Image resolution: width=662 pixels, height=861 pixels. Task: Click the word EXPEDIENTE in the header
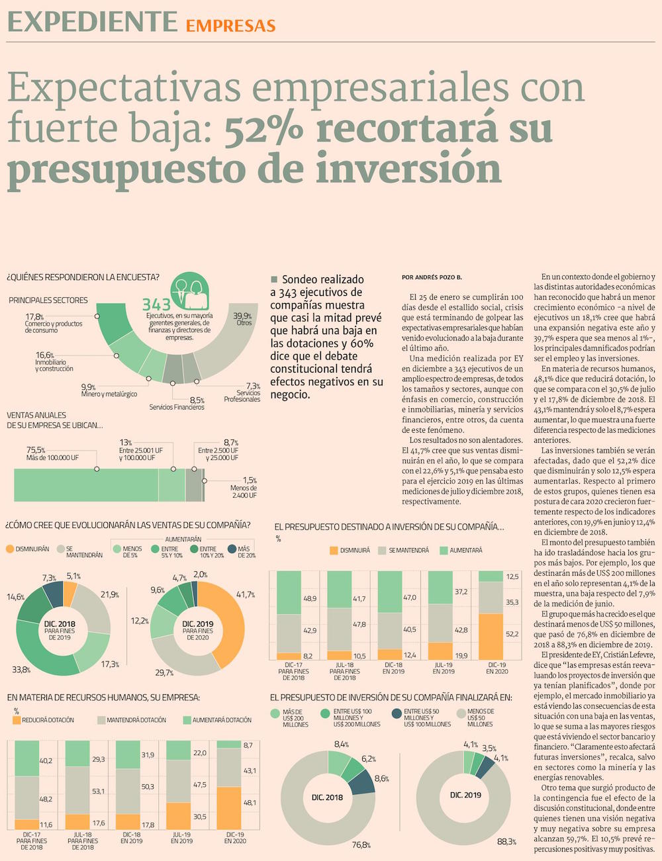tap(92, 23)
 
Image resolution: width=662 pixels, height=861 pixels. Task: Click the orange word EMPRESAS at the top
tap(230, 26)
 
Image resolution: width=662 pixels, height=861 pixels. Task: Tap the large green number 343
tap(156, 305)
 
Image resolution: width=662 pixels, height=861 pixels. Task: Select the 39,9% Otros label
tap(242, 319)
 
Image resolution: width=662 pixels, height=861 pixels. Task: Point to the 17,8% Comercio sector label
tap(54, 324)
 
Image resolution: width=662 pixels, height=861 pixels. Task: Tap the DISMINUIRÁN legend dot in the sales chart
tap(9, 549)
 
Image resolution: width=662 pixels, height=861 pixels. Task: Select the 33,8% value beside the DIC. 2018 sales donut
tap(21, 670)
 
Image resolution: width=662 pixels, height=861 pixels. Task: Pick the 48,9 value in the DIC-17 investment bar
tap(308, 598)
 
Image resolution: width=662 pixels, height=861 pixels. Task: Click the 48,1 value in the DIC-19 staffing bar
tap(250, 803)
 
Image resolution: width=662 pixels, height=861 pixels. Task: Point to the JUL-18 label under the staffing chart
tap(83, 835)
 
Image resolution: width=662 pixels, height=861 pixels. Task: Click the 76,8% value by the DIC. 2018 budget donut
tap(361, 845)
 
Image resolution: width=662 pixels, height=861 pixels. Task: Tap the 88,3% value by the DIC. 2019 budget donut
tap(506, 841)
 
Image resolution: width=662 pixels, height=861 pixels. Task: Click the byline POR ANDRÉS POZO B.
tap(432, 277)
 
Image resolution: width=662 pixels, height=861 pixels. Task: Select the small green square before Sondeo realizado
tap(274, 279)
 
